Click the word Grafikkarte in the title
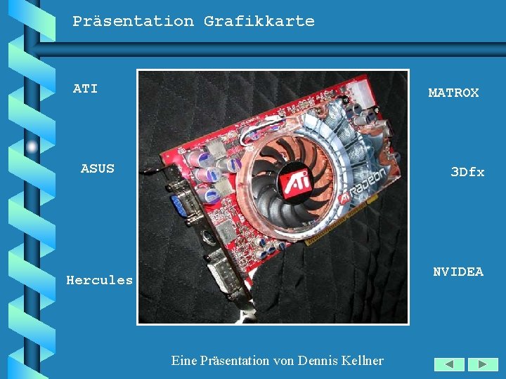[259, 21]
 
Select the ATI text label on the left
[85, 88]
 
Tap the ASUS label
[97, 168]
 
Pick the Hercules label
[99, 280]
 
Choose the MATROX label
[453, 93]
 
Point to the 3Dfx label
[467, 172]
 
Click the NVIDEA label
[458, 272]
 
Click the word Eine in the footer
[184, 361]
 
